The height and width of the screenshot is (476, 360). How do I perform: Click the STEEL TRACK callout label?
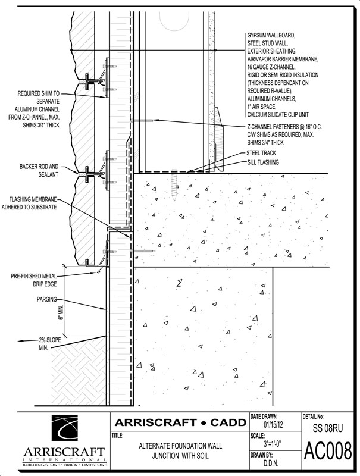tap(261, 153)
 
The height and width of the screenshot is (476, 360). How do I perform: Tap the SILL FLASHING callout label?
tap(263, 162)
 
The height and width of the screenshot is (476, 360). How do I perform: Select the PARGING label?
tap(47, 299)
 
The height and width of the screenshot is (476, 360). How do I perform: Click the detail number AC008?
tap(328, 452)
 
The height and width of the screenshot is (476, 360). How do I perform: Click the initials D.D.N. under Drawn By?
tap(269, 464)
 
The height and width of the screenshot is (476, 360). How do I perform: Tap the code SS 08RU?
tap(327, 428)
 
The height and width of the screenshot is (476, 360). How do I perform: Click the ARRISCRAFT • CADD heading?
tap(181, 422)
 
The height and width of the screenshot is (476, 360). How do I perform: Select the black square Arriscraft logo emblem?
tap(64, 430)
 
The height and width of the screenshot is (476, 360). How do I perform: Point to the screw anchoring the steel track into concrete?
tap(174, 184)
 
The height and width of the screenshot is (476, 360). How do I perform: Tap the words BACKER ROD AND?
tap(39, 167)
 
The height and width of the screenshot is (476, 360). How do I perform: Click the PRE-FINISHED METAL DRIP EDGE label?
tap(34, 280)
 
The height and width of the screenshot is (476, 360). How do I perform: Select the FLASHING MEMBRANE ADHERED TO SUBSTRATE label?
tap(29, 203)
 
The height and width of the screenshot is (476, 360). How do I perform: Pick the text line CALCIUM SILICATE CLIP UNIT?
tap(278, 114)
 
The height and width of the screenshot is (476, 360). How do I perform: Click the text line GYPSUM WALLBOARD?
tap(271, 36)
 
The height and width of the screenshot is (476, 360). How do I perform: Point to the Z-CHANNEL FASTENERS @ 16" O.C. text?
tap(284, 127)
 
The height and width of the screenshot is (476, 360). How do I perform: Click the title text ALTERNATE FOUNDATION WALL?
tap(180, 446)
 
